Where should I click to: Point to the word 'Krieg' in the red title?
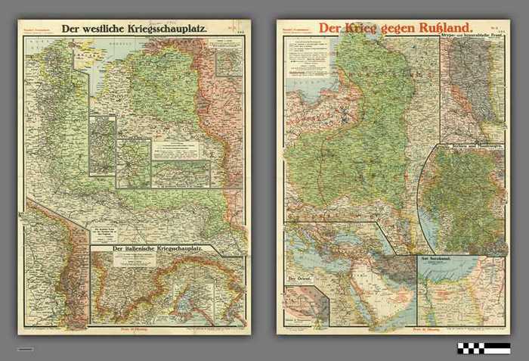(360, 28)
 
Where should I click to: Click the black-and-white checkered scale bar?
(483, 348)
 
